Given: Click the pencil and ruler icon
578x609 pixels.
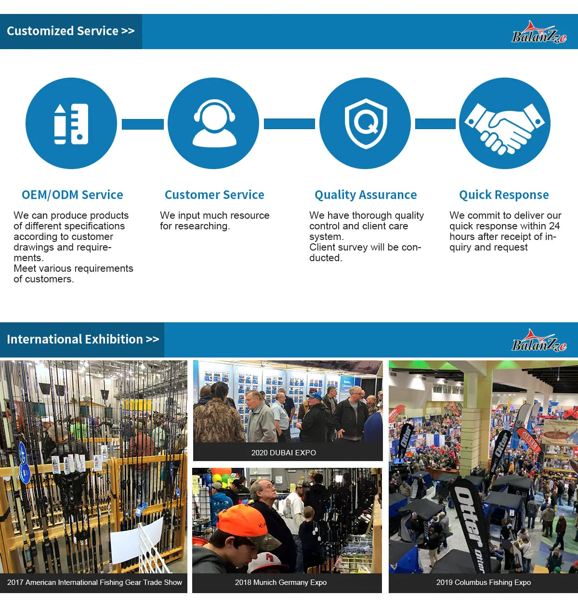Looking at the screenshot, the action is tap(71, 123).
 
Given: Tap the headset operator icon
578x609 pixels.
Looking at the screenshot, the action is tap(214, 123).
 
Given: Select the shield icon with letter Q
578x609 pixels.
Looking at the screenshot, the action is tap(366, 123).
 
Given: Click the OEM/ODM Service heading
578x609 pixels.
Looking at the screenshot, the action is tap(72, 195).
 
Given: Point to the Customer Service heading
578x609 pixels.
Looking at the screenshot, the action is tap(214, 195).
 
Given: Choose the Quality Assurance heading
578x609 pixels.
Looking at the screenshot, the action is tap(366, 195).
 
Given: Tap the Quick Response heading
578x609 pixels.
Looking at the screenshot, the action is tap(504, 195).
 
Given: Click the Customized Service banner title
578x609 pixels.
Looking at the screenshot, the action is tap(70, 31).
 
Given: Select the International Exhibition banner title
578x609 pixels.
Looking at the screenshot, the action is tap(82, 339).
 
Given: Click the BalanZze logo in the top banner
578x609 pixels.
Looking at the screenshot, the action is tap(539, 33).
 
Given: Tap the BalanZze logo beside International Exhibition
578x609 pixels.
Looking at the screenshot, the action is tap(539, 341).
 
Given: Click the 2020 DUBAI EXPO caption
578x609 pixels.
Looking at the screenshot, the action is tap(284, 453).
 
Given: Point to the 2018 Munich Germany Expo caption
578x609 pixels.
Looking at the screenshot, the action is tap(281, 583).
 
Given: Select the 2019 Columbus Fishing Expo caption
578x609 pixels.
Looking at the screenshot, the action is tap(484, 583).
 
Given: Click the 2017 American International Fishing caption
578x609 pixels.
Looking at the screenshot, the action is tap(94, 583).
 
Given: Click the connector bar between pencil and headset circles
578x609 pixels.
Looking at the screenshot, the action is tap(143, 124).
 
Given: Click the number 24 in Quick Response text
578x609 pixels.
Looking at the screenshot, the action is tap(554, 226).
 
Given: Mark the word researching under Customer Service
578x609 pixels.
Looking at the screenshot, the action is tap(205, 226).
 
